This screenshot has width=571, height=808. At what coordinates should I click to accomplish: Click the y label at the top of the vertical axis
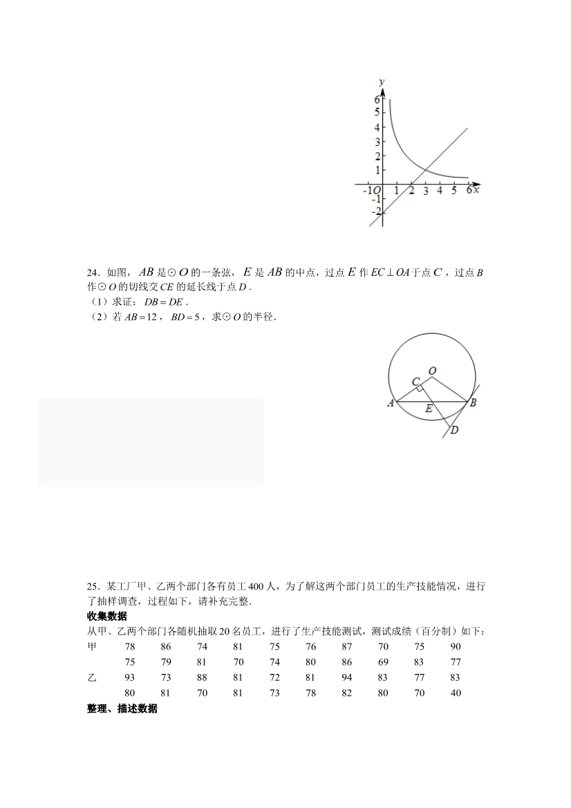coord(380,82)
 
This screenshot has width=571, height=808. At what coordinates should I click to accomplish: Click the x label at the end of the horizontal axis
coord(477,189)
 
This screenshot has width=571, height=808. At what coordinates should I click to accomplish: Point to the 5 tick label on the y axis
coord(377,113)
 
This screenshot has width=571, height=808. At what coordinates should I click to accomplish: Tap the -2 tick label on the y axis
coord(375,212)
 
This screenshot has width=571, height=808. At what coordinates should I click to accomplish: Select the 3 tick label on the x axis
coord(425,191)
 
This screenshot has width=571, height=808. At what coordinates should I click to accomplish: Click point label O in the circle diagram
coord(432,371)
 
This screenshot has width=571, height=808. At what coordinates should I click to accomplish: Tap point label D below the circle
coord(454,431)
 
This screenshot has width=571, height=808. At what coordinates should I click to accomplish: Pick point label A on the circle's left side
coord(391,403)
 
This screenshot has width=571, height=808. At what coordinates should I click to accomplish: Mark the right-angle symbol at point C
coord(420,389)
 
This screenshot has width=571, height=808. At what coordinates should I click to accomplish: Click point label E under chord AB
coord(429,408)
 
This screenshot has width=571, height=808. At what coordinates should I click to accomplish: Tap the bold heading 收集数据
coord(107,617)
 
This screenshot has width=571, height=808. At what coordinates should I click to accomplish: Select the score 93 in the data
coord(130,677)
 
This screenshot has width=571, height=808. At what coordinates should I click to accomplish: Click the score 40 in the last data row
coord(456,693)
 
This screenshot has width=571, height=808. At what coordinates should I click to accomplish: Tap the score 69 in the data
coord(383,662)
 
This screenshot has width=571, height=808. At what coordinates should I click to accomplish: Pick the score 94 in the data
coord(347,677)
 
